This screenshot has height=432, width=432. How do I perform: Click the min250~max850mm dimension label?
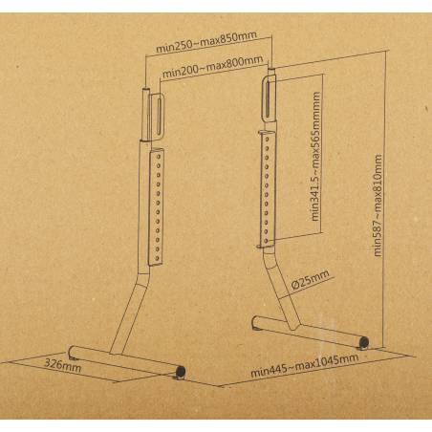206,42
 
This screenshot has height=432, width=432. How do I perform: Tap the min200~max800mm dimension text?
212,67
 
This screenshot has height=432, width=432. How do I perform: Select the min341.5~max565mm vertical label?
315,156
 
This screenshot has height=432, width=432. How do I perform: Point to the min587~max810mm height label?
378,205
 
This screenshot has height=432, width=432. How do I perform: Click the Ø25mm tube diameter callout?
310,279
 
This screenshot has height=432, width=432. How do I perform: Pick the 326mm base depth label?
62,365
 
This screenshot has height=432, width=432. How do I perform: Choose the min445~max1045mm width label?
305,365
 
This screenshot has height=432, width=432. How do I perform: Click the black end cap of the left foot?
181,371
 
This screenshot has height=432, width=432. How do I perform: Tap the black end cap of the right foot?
364,342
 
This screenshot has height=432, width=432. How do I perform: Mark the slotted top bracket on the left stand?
158,117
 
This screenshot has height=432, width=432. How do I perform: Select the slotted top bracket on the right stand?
269,100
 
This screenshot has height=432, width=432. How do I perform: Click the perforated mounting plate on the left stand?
156,206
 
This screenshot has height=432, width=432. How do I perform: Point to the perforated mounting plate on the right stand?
267,189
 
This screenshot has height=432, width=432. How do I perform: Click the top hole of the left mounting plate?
158,158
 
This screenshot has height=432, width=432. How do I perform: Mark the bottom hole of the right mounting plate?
267,240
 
